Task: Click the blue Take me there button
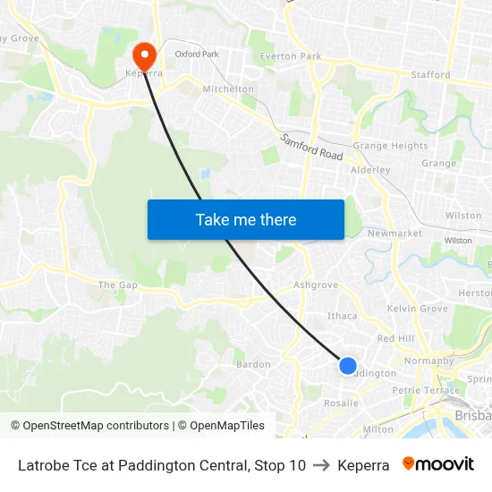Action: coord(245,219)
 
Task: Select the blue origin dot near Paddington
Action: coord(348,365)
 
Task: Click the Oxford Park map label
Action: coord(197,55)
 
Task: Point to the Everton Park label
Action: coord(290,56)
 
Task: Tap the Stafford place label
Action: coord(430,74)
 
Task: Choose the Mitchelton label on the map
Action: coord(229,89)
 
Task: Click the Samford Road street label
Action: coord(311,148)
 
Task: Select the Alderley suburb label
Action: coord(370,169)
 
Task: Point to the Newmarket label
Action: coord(394,233)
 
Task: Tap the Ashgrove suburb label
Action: coord(316,285)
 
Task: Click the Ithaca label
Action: coord(343,316)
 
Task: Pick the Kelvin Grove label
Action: coord(417,309)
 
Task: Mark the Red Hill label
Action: coord(395,339)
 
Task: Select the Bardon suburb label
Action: coord(252,364)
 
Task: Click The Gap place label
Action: coord(118,284)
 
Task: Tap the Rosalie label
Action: coord(341,403)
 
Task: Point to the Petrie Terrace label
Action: coord(425,390)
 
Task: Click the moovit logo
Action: coord(437,464)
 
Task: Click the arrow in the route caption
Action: coord(321,465)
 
